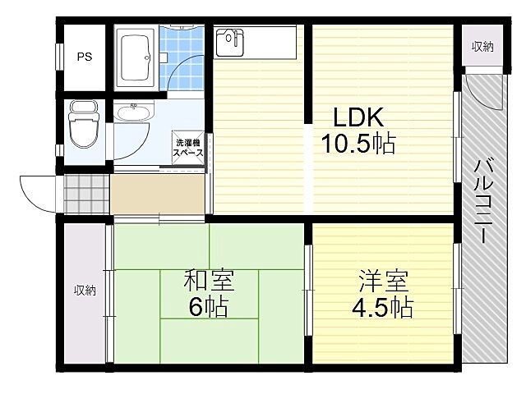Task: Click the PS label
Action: pos(84,57)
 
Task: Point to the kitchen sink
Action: pos(229,42)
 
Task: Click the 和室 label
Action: pos(209,282)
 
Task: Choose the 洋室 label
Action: pos(383,282)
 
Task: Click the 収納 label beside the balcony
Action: pos(482,47)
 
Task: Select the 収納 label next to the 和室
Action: pos(85,291)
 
